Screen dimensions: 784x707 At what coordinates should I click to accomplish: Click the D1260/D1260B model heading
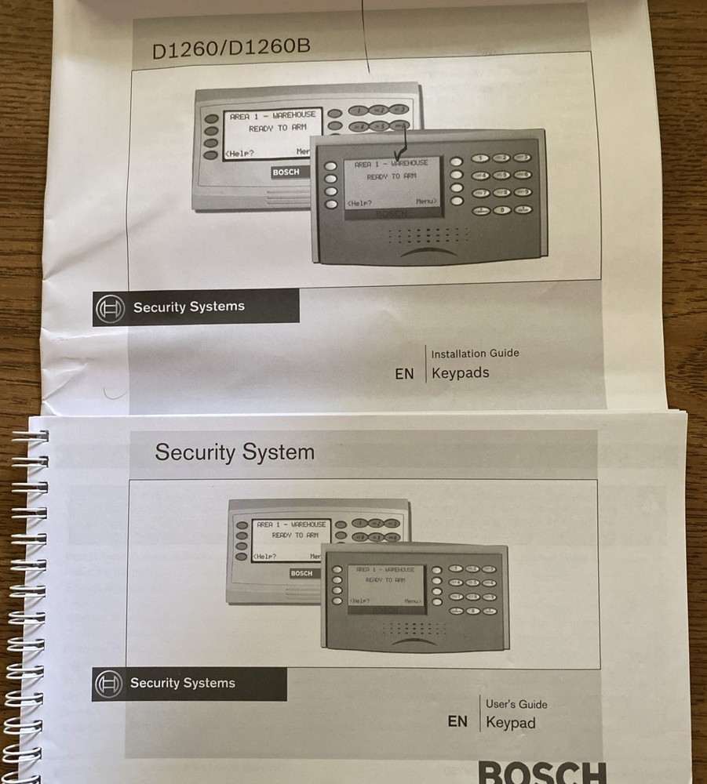[x=231, y=48]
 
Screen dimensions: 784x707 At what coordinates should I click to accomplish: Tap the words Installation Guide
[x=475, y=354]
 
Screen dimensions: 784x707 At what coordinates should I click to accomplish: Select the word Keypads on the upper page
[x=460, y=373]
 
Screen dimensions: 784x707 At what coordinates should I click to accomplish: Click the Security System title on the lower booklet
[x=234, y=452]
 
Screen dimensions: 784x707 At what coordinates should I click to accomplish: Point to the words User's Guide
[x=516, y=704]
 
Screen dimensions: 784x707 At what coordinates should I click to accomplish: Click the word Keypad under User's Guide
[x=510, y=723]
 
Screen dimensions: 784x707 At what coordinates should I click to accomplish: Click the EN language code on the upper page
[x=404, y=374]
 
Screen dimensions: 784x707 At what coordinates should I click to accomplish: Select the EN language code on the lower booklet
[x=457, y=722]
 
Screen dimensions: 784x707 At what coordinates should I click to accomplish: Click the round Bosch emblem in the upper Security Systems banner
[x=110, y=308]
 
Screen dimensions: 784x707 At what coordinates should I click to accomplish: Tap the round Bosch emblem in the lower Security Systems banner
[x=108, y=684]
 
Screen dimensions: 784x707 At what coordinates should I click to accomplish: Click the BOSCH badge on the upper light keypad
[x=286, y=172]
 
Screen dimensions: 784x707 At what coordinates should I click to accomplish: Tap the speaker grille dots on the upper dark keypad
[x=428, y=234]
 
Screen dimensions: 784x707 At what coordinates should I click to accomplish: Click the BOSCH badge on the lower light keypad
[x=301, y=573]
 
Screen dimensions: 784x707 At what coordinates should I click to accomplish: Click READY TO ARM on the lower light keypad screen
[x=293, y=535]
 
